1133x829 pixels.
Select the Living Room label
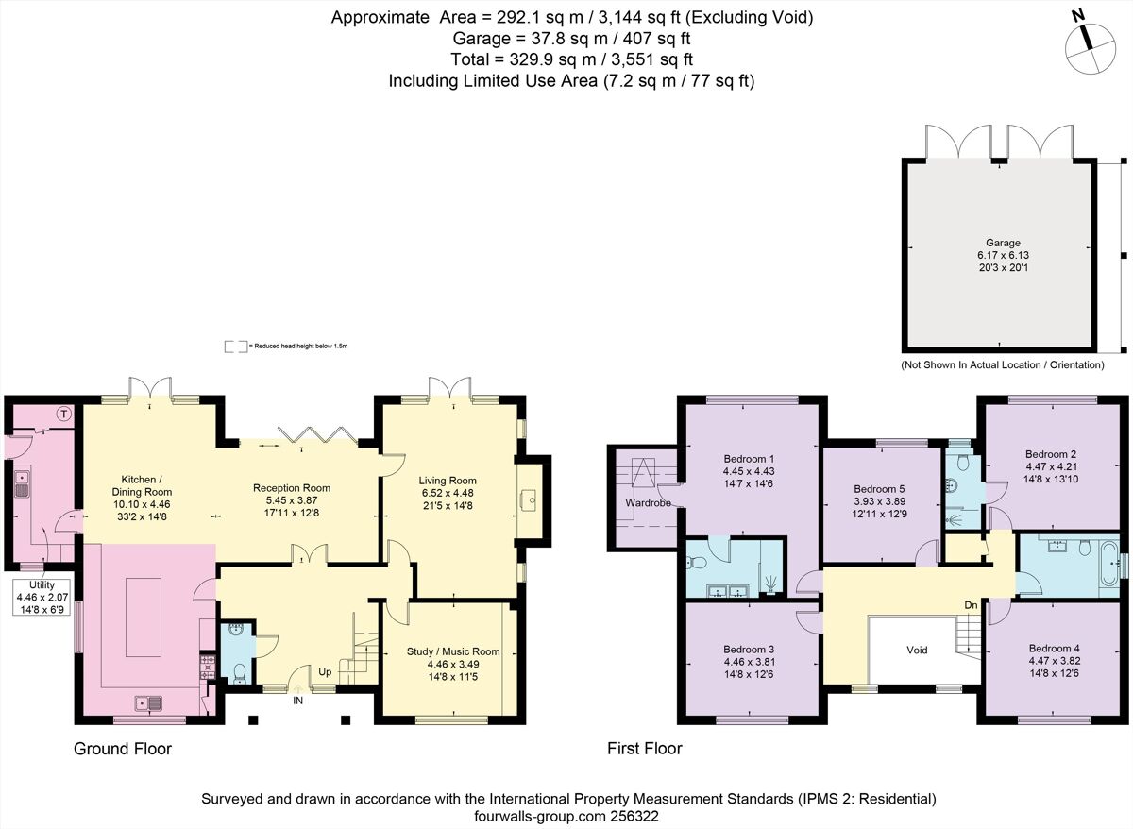[x=448, y=481]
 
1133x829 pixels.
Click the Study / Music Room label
[x=453, y=651]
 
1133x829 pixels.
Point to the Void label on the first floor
[x=917, y=650]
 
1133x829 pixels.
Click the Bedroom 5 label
[x=873, y=489]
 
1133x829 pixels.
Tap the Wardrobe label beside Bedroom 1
[x=648, y=502]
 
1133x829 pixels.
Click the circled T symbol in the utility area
[x=64, y=414]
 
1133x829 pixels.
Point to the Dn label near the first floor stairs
[x=970, y=604]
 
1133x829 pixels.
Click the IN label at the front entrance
[x=297, y=701]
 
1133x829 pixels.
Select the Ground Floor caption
[x=123, y=749]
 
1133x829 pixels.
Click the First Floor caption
[x=644, y=749]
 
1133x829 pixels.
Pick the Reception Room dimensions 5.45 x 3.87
[x=291, y=501]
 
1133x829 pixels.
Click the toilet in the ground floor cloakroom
[x=239, y=671]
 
